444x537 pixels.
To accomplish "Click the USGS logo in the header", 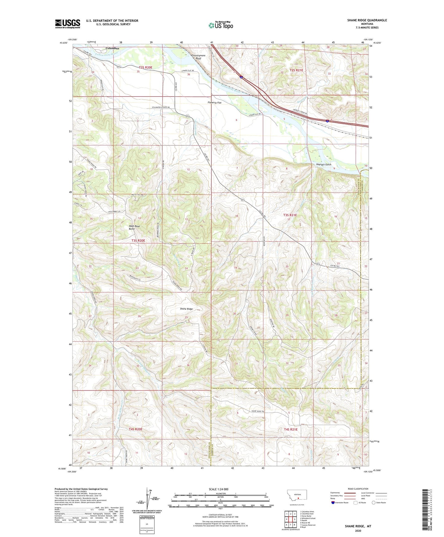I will click(x=67, y=23).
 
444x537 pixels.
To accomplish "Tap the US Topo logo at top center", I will click(x=220, y=26).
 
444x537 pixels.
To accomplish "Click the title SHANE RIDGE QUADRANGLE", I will click(x=363, y=20).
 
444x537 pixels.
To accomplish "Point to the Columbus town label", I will click(x=112, y=49).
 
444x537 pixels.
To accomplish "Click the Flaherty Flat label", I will click(x=214, y=102).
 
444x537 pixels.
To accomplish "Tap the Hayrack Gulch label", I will click(x=324, y=165).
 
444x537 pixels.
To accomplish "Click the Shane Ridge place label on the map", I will click(x=186, y=309).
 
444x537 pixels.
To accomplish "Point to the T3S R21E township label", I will click(x=290, y=215).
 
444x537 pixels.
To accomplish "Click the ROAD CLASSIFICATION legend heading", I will click(x=358, y=489).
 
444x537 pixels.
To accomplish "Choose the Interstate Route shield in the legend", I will click(x=333, y=503).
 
